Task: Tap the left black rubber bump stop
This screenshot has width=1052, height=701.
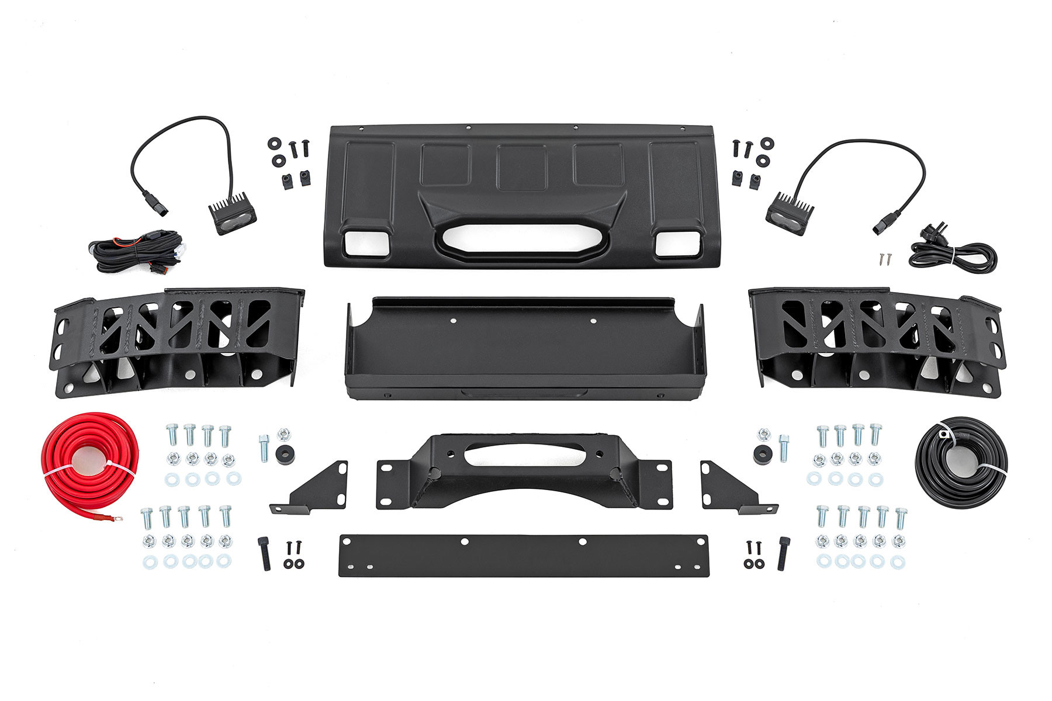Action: (x=285, y=453)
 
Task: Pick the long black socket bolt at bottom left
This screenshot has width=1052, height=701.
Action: (x=264, y=553)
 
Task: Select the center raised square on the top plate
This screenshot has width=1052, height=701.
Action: (x=521, y=167)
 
